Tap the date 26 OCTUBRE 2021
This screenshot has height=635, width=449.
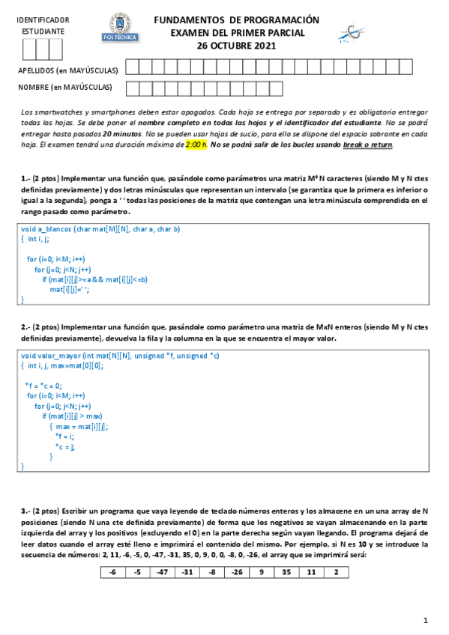pos(236,46)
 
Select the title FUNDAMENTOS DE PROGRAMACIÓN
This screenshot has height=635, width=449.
pos(236,20)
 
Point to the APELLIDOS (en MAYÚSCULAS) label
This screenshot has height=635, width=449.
pos(68,70)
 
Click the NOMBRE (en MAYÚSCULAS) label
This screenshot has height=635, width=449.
pos(65,88)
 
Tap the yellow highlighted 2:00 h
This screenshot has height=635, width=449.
pos(196,145)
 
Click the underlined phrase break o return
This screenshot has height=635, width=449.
pos(367,145)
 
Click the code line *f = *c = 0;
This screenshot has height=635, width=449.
pos(43,386)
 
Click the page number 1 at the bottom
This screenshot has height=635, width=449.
pos(425,620)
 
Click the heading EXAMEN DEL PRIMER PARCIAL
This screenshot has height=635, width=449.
pos(236,33)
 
